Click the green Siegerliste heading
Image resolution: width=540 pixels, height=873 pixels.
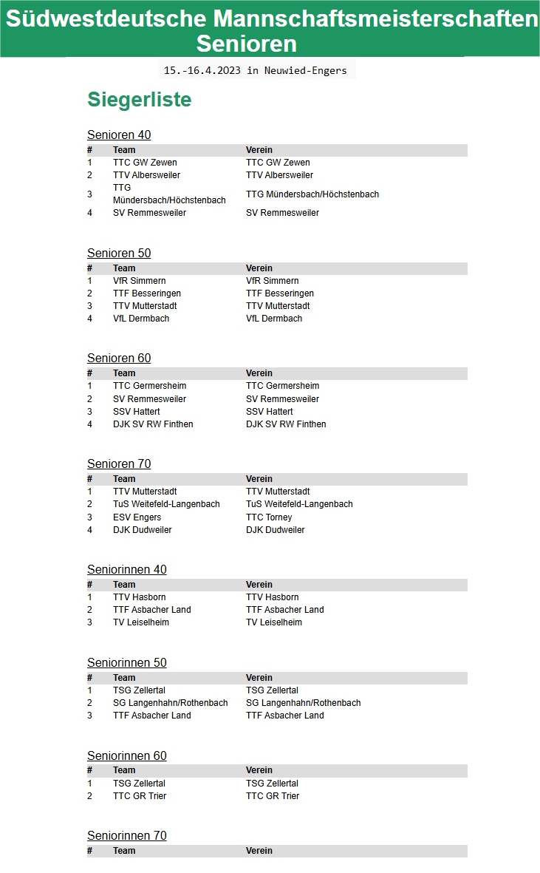(139, 100)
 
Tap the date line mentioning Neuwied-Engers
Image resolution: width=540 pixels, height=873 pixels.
(256, 70)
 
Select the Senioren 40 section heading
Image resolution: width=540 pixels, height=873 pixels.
(119, 135)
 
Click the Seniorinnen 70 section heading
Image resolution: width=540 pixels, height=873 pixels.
(127, 835)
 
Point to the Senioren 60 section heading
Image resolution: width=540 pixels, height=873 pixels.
(119, 358)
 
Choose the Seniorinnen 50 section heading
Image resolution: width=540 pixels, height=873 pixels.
(127, 662)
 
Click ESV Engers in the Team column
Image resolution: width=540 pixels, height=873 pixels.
(137, 517)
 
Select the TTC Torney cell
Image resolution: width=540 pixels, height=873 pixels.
(269, 517)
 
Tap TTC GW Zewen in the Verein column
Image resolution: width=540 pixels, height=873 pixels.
(278, 163)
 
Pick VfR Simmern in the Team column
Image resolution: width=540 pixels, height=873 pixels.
(139, 281)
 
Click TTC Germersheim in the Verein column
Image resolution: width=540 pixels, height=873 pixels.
(282, 386)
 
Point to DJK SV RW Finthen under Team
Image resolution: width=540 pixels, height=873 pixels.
(153, 424)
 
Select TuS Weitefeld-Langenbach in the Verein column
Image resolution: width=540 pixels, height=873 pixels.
(299, 504)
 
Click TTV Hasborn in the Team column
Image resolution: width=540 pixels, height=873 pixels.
(139, 597)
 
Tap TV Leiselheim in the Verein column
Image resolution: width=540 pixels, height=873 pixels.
(274, 622)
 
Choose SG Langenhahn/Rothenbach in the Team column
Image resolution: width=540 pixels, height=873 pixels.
(170, 703)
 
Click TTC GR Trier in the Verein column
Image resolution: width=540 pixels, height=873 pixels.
(273, 796)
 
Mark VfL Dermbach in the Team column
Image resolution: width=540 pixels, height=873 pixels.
(141, 319)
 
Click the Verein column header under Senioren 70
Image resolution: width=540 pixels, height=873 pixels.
(259, 479)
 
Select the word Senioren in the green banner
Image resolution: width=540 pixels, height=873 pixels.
(246, 44)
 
